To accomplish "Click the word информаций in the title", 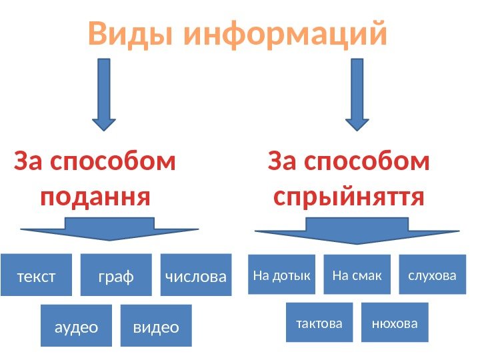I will coord(286,35).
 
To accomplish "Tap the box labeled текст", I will coord(37,275).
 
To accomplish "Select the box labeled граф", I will coord(116,275).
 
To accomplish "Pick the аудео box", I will coord(76,326).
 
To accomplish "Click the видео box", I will coord(156,326).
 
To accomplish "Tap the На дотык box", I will coord(283,274).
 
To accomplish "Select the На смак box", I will coord(357,274).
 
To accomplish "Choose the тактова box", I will coord(319,323).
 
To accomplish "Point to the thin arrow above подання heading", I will coord(103,94).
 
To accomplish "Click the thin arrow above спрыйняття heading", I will coord(357,94).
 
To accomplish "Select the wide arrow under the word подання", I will coord(109,230).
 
